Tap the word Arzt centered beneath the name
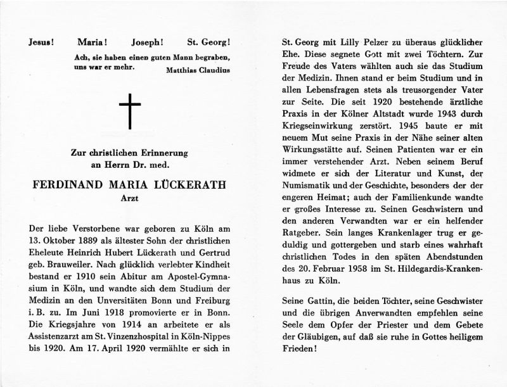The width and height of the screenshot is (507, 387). coord(130,199)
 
